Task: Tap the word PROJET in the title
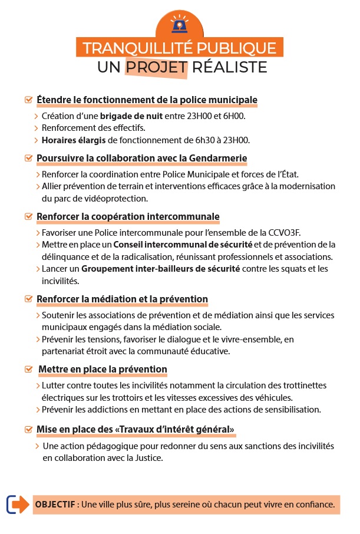[x=157, y=67]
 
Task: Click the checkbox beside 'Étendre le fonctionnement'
[x=28, y=99]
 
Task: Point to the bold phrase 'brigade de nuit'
[x=131, y=116]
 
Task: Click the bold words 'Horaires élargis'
[x=74, y=140]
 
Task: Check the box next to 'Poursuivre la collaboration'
[x=28, y=158]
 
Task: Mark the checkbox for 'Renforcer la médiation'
[x=28, y=299]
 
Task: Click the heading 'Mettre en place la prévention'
[x=103, y=370]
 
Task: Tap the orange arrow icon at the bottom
[x=18, y=505]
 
